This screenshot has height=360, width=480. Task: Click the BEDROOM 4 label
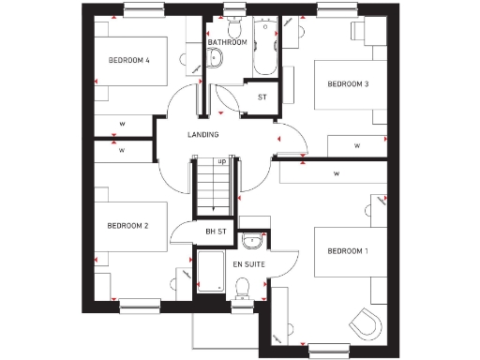click(129, 61)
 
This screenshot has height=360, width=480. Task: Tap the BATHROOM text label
click(227, 42)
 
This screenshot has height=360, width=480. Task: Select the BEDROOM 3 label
click(347, 84)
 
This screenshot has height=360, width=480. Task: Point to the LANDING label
click(202, 135)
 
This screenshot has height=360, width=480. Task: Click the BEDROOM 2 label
click(128, 226)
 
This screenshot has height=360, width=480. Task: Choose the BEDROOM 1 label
click(347, 251)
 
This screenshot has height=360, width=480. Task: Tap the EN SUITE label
click(249, 265)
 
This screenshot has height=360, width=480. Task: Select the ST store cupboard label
click(262, 97)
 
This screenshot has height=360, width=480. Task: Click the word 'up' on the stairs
click(222, 161)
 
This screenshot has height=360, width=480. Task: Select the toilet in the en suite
click(242, 291)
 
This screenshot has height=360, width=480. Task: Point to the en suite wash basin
click(250, 237)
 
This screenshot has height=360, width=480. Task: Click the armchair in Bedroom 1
click(365, 324)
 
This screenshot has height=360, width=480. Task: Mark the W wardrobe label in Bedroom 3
click(357, 145)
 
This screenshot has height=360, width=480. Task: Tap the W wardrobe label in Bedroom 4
click(122, 123)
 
